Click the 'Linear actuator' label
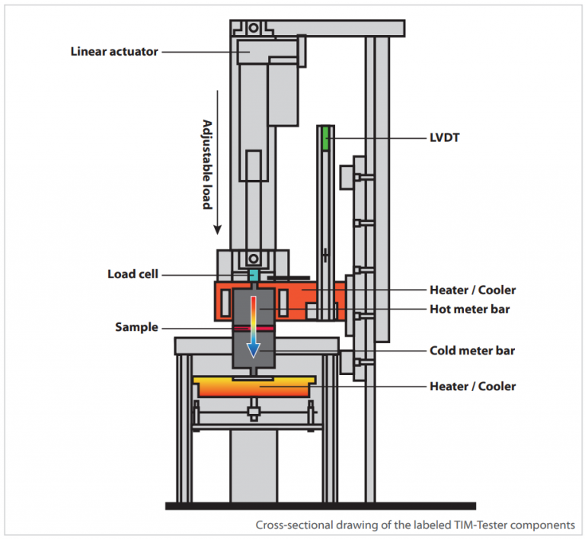click(114, 52)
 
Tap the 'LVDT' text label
click(446, 139)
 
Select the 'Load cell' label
click(133, 274)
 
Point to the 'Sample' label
click(136, 327)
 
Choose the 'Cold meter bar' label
click(472, 351)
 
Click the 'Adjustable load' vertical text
click(206, 164)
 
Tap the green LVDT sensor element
click(325, 139)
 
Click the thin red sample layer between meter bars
click(252, 329)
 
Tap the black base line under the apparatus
click(320, 505)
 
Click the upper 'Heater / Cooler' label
click(472, 290)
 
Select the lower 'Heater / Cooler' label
click(472, 387)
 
